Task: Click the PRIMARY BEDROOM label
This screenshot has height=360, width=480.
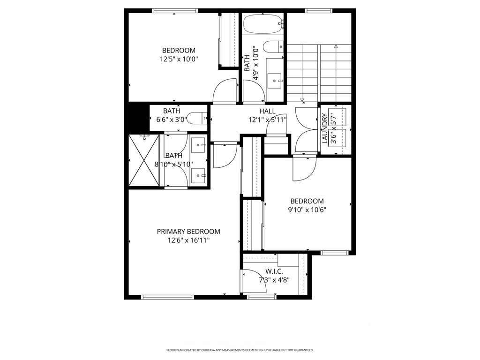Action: click(x=188, y=231)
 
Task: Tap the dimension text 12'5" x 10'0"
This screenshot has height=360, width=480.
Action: click(x=179, y=60)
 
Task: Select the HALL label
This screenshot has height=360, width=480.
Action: click(x=267, y=111)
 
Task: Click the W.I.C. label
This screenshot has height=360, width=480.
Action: click(x=274, y=271)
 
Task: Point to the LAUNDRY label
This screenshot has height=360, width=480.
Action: click(x=324, y=128)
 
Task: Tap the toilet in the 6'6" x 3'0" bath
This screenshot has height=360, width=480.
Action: click(x=197, y=117)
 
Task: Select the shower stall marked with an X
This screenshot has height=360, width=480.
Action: click(x=143, y=160)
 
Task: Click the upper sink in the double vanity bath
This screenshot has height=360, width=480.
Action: click(x=200, y=145)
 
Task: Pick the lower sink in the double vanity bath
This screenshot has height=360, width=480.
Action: click(x=200, y=175)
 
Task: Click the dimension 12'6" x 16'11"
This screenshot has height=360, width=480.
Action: click(x=188, y=240)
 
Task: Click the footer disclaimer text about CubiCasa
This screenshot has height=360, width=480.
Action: click(x=240, y=350)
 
